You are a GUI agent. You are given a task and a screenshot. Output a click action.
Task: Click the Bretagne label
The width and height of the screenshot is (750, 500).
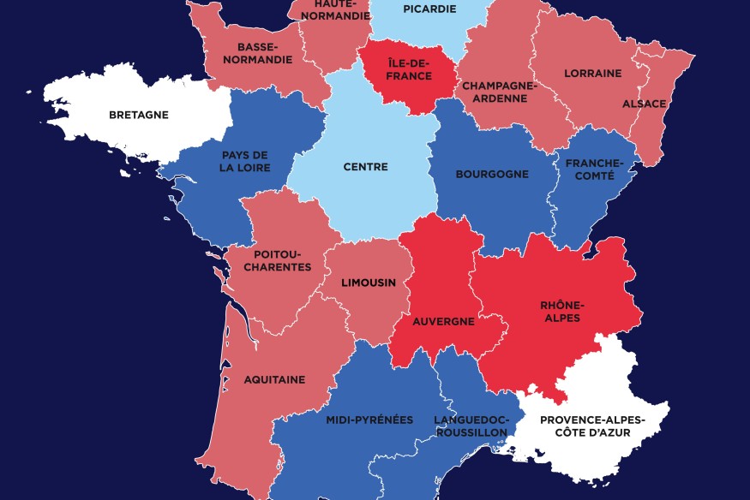138,115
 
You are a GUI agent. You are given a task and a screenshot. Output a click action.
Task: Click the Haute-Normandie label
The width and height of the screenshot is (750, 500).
330,9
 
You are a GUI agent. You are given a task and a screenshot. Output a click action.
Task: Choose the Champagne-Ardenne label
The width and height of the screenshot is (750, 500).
499,92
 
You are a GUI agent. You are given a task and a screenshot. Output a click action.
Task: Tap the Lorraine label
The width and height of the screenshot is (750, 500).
592,74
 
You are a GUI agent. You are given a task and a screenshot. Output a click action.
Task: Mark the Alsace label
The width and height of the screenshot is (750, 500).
644,104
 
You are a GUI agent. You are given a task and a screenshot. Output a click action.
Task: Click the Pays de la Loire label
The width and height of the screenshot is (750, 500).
245,161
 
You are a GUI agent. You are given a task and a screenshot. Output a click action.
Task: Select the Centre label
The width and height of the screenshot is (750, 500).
365,167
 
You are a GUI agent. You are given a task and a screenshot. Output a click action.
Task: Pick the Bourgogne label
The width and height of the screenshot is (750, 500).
492,174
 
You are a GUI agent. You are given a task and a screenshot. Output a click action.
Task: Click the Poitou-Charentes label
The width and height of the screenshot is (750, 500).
282,260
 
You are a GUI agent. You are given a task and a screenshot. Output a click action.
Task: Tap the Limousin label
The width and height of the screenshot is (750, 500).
369,283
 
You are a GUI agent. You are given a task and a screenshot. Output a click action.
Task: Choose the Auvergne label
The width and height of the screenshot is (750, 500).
443,322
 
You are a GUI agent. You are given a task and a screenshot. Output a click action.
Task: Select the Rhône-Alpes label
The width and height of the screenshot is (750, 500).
561,312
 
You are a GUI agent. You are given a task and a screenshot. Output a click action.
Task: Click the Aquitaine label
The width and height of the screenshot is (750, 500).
274,379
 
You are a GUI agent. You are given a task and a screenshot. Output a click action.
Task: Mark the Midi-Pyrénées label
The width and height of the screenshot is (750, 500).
369,420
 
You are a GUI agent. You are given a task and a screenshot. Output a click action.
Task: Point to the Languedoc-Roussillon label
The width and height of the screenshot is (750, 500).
471,426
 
